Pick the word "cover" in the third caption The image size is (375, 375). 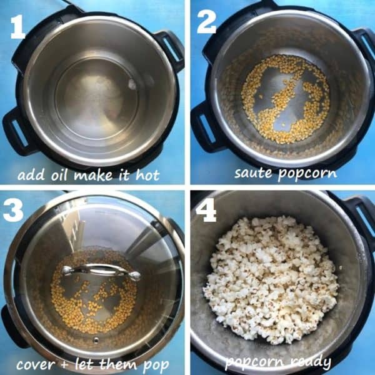pos(36,365)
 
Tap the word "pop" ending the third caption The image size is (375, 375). pos(156,366)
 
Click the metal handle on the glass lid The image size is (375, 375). pos(101,271)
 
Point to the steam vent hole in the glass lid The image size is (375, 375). pos(96,339)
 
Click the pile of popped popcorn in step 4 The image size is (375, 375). pos(270,280)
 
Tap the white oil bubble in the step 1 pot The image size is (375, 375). pos(132,84)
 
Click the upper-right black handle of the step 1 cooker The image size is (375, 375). pos(170,49)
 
